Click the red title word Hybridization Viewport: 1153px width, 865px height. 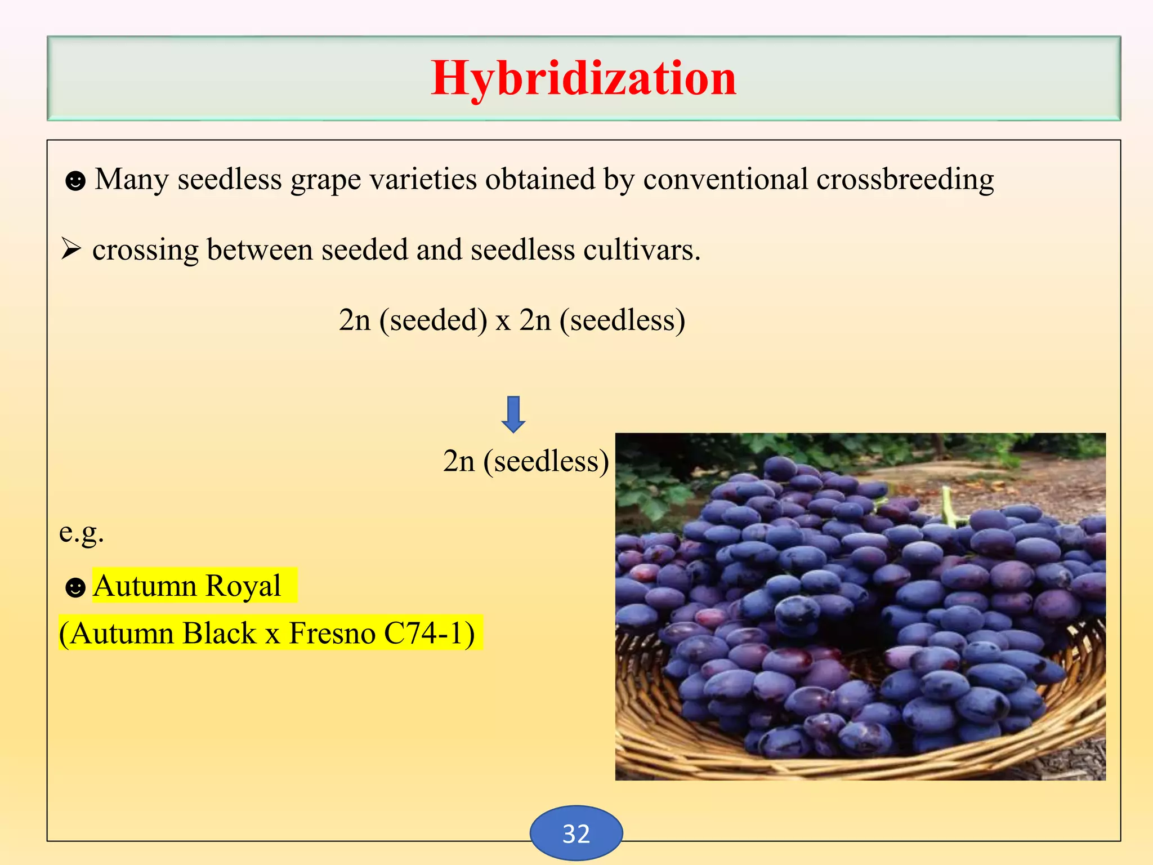pyautogui.click(x=583, y=79)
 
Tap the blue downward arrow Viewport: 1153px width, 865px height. pyautogui.click(x=513, y=414)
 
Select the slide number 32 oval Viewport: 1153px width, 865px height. pyautogui.click(x=576, y=833)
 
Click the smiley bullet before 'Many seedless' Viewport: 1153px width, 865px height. pyautogui.click(x=75, y=181)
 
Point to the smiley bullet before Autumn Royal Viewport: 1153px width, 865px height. pyautogui.click(x=75, y=588)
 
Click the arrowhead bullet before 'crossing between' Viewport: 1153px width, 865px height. pyautogui.click(x=71, y=248)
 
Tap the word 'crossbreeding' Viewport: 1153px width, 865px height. pyautogui.click(x=905, y=180)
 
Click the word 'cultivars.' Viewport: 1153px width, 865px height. pyautogui.click(x=642, y=249)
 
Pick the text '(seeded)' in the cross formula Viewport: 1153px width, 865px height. pyautogui.click(x=434, y=320)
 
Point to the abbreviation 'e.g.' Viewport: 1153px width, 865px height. pyautogui.click(x=82, y=532)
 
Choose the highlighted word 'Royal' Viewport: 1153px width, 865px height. pyautogui.click(x=243, y=586)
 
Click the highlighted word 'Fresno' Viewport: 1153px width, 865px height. pyautogui.click(x=332, y=633)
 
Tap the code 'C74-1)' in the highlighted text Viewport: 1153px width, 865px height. pyautogui.click(x=429, y=633)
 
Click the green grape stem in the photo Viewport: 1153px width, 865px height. pyautogui.click(x=948, y=506)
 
